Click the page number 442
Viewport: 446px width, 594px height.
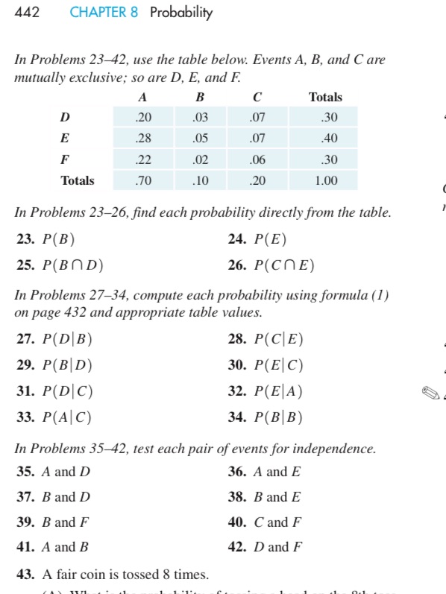(26, 13)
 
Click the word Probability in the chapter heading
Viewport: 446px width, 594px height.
(181, 13)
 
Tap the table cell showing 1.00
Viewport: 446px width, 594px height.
(325, 180)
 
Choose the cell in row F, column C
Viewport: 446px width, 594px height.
(257, 159)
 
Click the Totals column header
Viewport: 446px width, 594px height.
(325, 97)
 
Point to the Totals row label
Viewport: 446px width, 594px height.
(78, 180)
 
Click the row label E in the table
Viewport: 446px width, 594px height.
(66, 138)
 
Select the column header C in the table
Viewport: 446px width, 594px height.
(257, 97)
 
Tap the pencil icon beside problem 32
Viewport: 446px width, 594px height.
(430, 391)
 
